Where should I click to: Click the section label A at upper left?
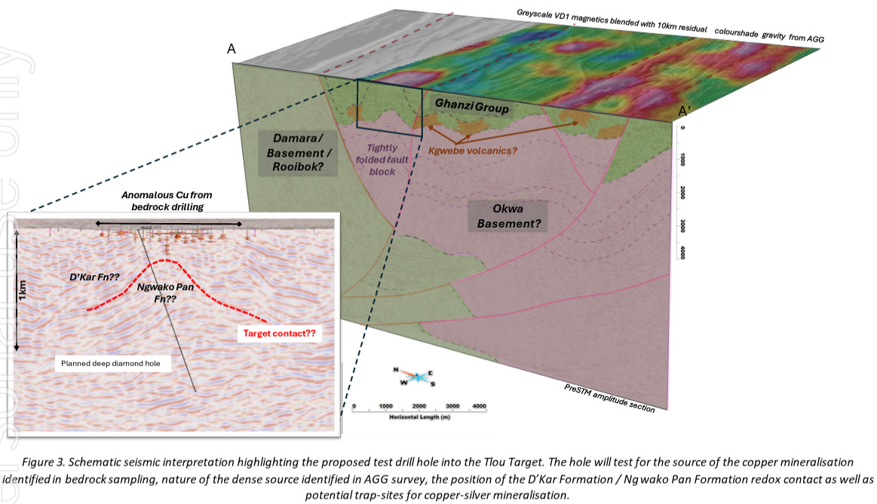232,49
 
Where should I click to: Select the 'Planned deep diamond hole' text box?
116,364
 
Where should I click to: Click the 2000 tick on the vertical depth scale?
682,191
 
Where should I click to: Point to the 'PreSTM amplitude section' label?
609,397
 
